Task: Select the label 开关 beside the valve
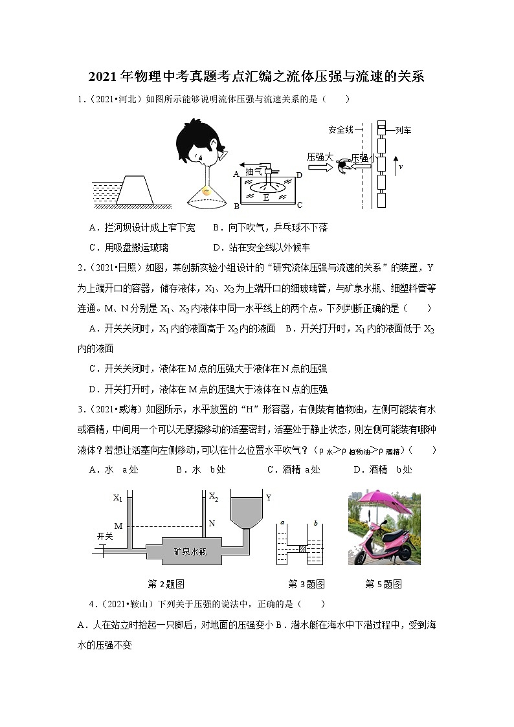pyautogui.click(x=105, y=536)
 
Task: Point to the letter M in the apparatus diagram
pyautogui.click(x=118, y=526)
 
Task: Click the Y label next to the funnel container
pyautogui.click(x=268, y=497)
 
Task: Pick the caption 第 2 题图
pyautogui.click(x=166, y=584)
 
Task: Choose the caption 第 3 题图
pyautogui.click(x=306, y=584)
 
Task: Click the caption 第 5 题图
pyautogui.click(x=383, y=584)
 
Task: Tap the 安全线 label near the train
pyautogui.click(x=341, y=129)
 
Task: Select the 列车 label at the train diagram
pyautogui.click(x=403, y=130)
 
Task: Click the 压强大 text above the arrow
pyautogui.click(x=319, y=156)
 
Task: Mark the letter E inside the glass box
pyautogui.click(x=265, y=197)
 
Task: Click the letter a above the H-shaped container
pyautogui.click(x=283, y=522)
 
